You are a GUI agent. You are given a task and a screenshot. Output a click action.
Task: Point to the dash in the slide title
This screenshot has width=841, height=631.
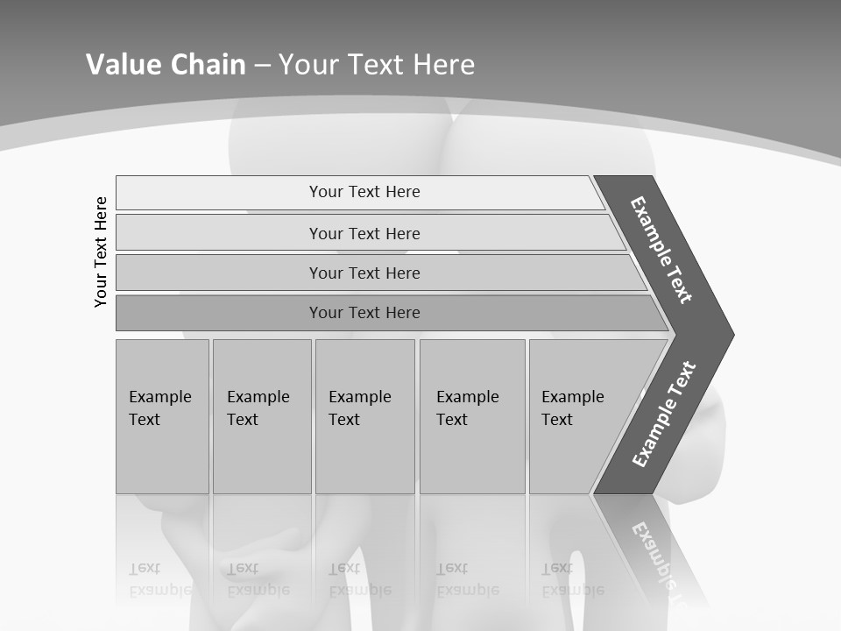click(262, 65)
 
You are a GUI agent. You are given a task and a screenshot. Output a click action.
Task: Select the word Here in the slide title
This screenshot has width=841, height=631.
click(443, 65)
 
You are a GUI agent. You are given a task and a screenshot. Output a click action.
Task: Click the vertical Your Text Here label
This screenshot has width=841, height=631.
click(101, 252)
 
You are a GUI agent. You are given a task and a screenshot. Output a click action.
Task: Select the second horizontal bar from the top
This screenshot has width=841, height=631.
click(364, 233)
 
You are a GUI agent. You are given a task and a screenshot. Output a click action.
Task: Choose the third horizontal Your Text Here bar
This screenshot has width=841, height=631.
click(364, 273)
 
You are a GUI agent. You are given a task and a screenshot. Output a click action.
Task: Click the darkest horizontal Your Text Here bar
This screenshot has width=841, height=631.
click(364, 313)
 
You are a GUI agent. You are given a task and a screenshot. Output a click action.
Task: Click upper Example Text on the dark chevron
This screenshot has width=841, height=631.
click(661, 250)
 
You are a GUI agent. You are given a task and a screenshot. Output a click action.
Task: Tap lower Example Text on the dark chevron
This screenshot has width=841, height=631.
click(663, 415)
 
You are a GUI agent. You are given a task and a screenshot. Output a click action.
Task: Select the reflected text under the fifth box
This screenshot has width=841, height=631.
click(572, 579)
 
